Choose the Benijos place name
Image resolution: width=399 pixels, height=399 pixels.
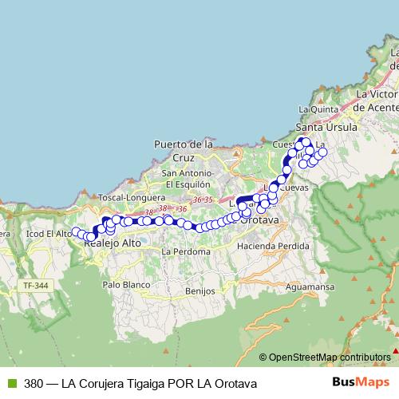199,291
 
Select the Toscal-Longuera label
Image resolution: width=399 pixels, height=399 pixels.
132,197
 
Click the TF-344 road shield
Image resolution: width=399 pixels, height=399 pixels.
36,285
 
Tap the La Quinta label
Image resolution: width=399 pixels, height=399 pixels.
314,109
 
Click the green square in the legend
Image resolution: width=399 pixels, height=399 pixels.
10,383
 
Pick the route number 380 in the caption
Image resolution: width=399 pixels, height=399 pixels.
34,383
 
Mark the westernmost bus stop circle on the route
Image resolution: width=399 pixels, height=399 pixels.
76,232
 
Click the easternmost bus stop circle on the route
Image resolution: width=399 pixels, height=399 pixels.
322,152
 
